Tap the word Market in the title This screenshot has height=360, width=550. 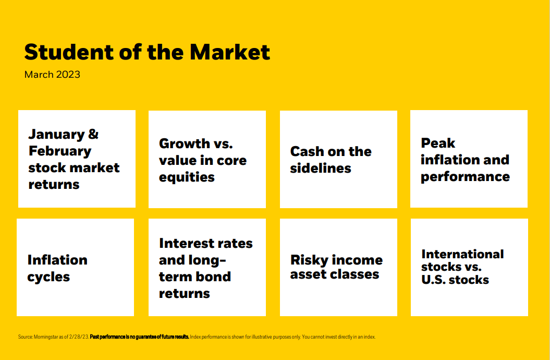pyautogui.click(x=230, y=52)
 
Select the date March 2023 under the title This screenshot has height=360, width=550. pyautogui.click(x=52, y=75)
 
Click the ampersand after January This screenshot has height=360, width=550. pyautogui.click(x=93, y=134)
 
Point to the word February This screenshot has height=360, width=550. pyautogui.click(x=60, y=151)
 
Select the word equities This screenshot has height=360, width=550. pyautogui.click(x=187, y=177)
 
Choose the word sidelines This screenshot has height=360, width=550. pyautogui.click(x=321, y=169)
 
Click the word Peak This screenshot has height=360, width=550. pyautogui.click(x=438, y=143)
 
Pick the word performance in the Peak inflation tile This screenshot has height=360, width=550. pyautogui.click(x=465, y=177)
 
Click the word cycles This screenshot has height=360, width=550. pyautogui.click(x=49, y=277)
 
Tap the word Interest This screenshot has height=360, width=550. pyautogui.click(x=186, y=244)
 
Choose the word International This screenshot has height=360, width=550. pyautogui.click(x=462, y=254)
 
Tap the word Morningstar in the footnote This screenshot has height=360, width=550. pyautogui.click(x=46, y=337)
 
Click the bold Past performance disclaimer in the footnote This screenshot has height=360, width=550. pyautogui.click(x=140, y=337)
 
